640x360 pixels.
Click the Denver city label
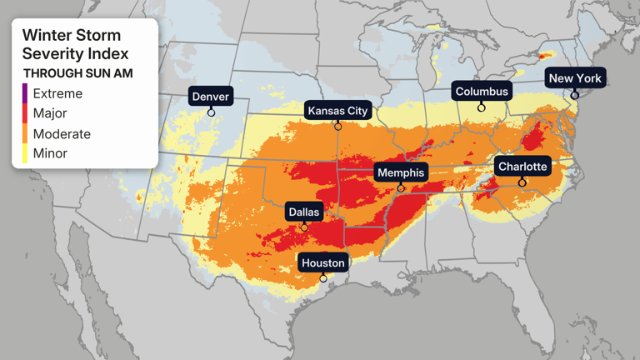pos(211,97)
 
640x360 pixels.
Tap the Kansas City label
pos(337,111)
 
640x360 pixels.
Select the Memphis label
pos(401,172)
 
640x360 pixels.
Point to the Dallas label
pos(303,212)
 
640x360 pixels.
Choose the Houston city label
pos(322,262)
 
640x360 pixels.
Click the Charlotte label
pos(522,167)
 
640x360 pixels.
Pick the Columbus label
pos(482,92)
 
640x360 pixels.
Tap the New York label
pos(575,78)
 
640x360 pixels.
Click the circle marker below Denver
pos(212,112)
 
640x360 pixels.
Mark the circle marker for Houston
pos(323,278)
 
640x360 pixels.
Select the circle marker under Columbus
pos(482,107)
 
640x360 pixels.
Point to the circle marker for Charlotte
pos(522,182)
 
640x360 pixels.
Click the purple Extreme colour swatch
pos(25,93)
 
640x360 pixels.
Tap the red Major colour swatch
pos(25,113)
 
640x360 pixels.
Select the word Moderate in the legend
pos(62,133)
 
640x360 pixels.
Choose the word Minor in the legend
pos(50,153)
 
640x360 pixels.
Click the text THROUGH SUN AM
pos(77,73)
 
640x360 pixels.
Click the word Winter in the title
pos(47,35)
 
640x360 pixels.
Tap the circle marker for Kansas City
pos(337,127)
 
